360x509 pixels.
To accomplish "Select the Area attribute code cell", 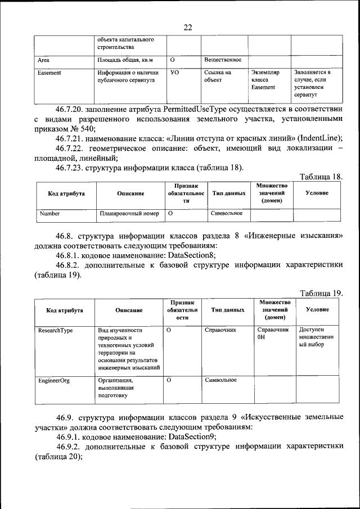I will (43, 59).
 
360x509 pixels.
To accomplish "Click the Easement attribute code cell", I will (49, 73).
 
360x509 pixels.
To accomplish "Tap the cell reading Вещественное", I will (223, 59).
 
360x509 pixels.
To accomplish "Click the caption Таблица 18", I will (321, 177).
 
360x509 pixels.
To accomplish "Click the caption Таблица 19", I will (321, 293).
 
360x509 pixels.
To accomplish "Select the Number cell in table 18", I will (49, 214).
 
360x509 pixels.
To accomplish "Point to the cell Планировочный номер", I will (129, 214).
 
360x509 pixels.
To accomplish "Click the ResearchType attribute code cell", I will (56, 330).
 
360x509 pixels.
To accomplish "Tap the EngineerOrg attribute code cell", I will (54, 380).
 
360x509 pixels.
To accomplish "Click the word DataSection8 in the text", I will (189, 254).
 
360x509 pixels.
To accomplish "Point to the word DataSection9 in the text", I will (189, 436).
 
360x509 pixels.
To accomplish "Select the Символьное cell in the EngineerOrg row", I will (220, 380).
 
